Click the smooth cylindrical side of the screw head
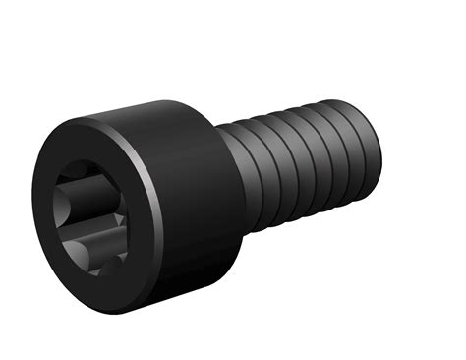192,207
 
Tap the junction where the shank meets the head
236,177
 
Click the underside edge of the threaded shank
305,211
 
